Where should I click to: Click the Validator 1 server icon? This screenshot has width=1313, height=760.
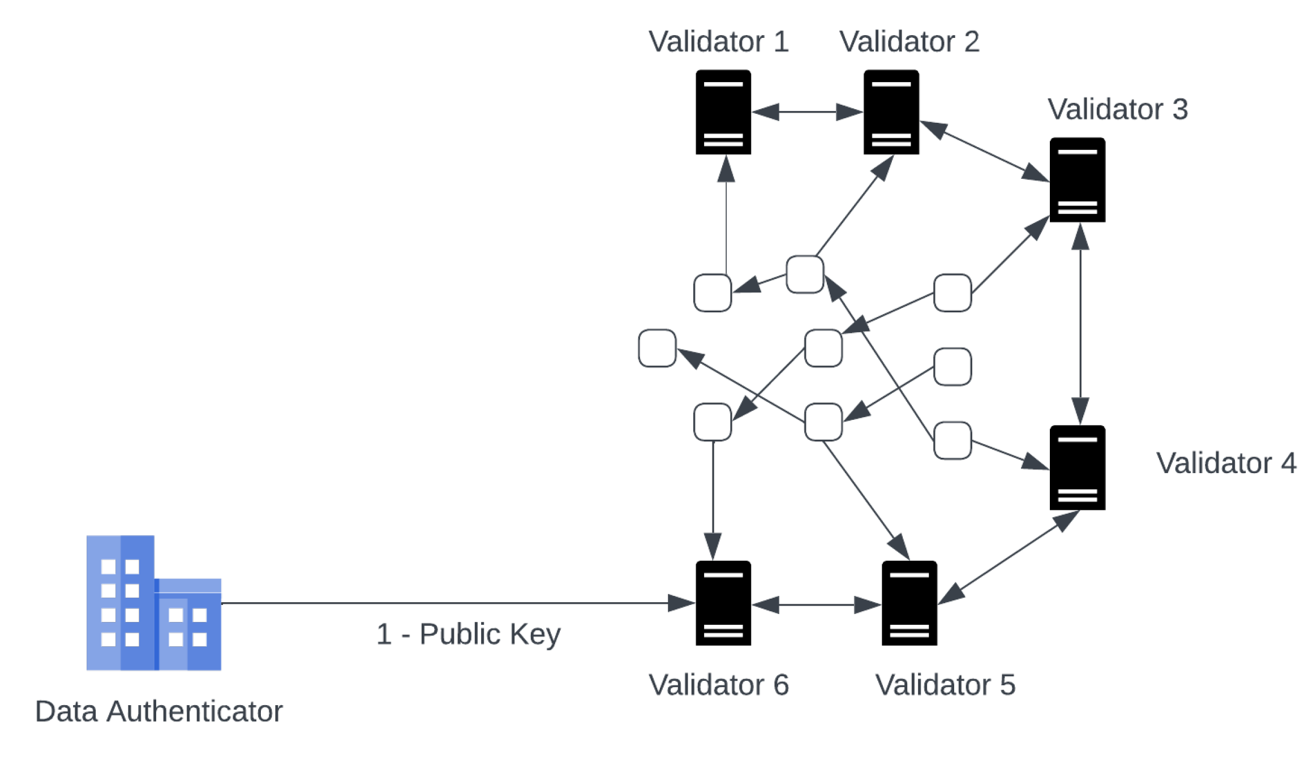click(x=723, y=112)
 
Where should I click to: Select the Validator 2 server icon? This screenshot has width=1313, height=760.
click(x=891, y=112)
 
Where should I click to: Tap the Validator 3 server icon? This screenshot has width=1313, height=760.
click(x=1077, y=180)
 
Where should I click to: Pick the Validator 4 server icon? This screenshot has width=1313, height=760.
click(x=1077, y=467)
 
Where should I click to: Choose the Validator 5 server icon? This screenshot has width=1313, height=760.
click(x=909, y=603)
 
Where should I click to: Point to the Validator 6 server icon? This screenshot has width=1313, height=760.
click(x=723, y=603)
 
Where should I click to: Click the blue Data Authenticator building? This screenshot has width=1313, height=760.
click(x=153, y=603)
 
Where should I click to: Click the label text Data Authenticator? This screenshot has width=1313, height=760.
click(x=158, y=711)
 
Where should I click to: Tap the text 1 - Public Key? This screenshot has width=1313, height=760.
click(x=468, y=634)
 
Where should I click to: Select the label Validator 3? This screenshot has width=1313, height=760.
click(x=1117, y=109)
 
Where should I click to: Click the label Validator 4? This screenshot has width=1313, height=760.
click(x=1226, y=463)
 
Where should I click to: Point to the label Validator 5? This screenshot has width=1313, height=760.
click(x=945, y=685)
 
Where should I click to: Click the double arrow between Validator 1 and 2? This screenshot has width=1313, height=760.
click(x=807, y=112)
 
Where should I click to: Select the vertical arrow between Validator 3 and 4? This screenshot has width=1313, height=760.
click(x=1080, y=323)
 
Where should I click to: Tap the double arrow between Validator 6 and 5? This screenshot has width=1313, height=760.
click(x=816, y=605)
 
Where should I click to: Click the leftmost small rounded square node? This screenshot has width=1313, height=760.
click(x=657, y=348)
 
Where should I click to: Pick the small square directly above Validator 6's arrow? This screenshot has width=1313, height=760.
click(x=713, y=422)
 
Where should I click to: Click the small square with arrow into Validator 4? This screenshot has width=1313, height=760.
click(x=952, y=440)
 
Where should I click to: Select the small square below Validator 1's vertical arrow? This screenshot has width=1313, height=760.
click(x=713, y=293)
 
